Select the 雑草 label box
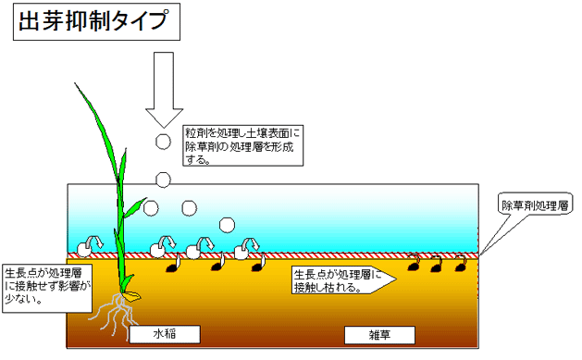coord(378,334)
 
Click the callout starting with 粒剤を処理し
coord(242,145)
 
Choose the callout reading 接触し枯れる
coord(340,280)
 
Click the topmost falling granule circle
coord(163,142)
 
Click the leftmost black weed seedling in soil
coord(172,268)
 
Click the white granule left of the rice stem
coord(86,247)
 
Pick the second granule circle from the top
coord(163,179)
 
